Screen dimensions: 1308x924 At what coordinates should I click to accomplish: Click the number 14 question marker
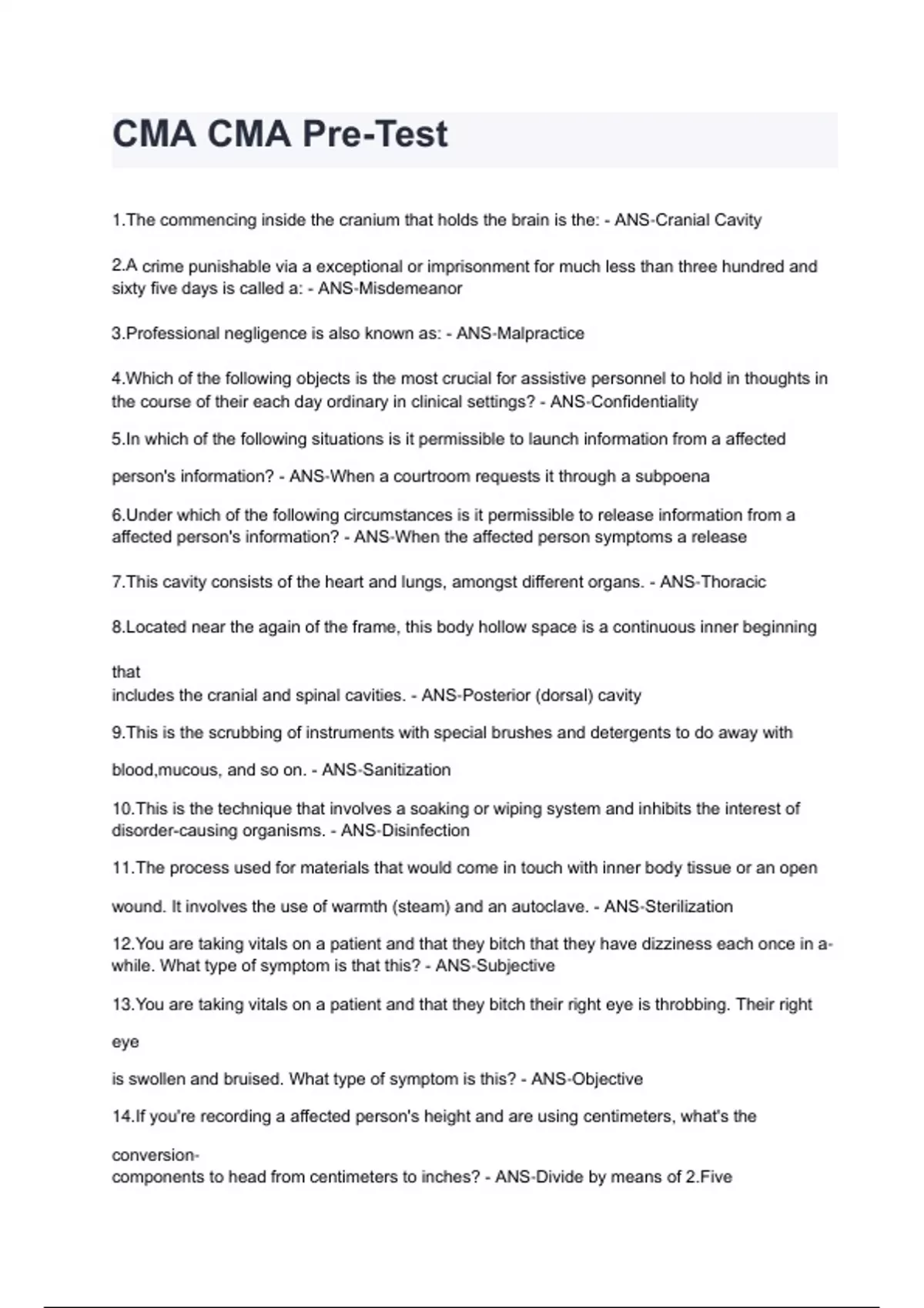pyautogui.click(x=122, y=1116)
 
